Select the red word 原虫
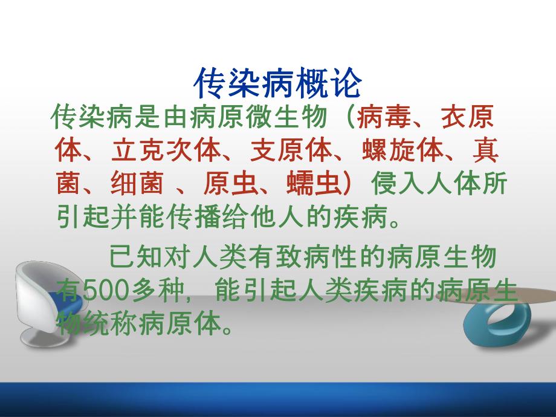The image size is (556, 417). [226, 185]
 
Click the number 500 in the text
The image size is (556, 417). [103, 292]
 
